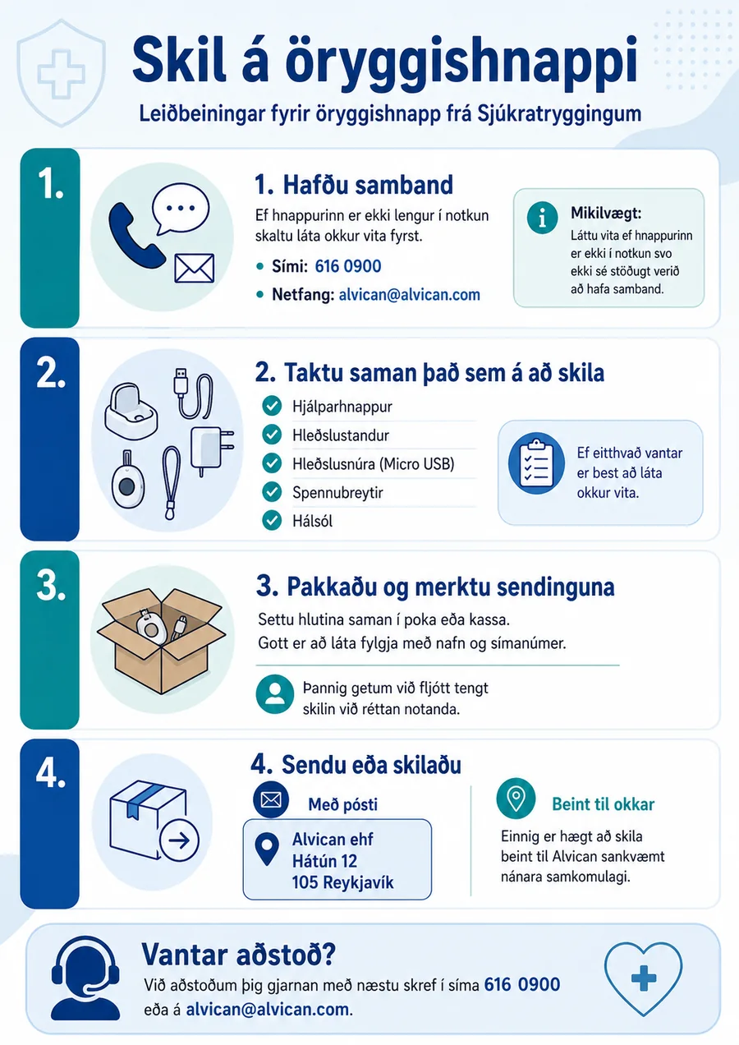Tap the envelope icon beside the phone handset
pos(195,269)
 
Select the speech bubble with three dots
pos(180,208)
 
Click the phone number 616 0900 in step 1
pos(348,266)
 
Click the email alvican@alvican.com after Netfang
pos(410,295)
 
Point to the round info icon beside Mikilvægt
pos(542,218)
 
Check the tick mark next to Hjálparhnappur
pos(272,406)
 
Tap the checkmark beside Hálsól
pos(272,520)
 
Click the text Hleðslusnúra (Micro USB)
pos(374,463)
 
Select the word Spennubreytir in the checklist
pos(337,493)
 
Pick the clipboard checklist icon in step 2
pos(536,463)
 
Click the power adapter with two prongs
pos(211,449)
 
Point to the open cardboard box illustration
pos(161,640)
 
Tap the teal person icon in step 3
pos(275,693)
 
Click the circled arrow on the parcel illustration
pos(179,840)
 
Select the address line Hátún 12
pos(324,861)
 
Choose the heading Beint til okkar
pos(604,804)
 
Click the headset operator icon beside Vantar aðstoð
pos(85,978)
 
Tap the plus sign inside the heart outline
pos(644,978)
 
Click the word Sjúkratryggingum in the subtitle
pos(559,114)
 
